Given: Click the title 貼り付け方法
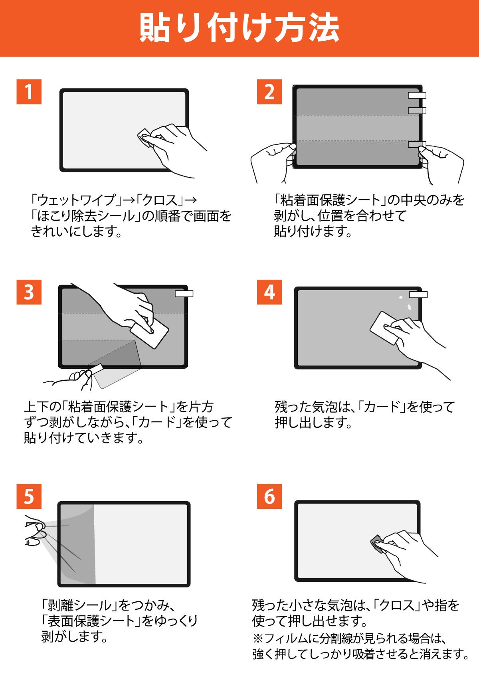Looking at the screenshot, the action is tap(239, 28).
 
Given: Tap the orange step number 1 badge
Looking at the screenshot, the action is tap(29, 92).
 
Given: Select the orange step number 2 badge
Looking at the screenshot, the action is tap(269, 92).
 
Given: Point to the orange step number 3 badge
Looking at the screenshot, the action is tap(29, 292).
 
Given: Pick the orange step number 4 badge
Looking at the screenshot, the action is tap(269, 292).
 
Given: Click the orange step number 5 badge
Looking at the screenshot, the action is tap(29, 496).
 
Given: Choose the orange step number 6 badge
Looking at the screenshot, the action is tap(269, 496).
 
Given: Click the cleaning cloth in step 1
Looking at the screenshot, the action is tap(146, 138).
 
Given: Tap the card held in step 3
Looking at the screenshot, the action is tap(150, 333).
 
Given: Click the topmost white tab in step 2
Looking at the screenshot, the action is tap(417, 95).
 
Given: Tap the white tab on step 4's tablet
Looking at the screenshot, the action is tap(418, 295).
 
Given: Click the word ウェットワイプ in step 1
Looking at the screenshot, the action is tap(77, 200).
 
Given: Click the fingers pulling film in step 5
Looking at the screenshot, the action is tap(35, 531).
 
